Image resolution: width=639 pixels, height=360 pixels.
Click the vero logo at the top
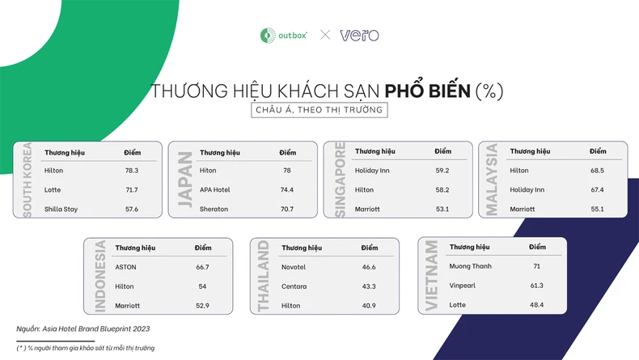point(359,35)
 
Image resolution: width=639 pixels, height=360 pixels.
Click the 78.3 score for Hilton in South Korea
point(131,171)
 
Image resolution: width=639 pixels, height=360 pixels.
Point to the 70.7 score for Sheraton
point(286,210)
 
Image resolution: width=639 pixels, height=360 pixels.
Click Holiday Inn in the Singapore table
point(372,171)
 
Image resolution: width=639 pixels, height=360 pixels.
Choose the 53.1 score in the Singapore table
point(442,210)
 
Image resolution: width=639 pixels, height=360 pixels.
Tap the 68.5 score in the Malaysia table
point(597,171)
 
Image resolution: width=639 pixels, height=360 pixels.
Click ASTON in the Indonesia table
point(125,267)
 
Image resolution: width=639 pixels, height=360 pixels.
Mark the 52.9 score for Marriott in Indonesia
point(202,306)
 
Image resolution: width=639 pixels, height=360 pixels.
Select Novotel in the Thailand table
point(294,267)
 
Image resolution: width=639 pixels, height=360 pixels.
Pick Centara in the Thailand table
point(294,286)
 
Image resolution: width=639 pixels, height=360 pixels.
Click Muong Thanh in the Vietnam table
point(470,266)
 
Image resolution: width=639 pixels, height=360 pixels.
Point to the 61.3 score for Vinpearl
point(536,286)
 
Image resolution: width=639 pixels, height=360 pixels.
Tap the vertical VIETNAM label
point(431,275)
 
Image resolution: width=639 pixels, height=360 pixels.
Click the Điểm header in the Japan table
point(287,152)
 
